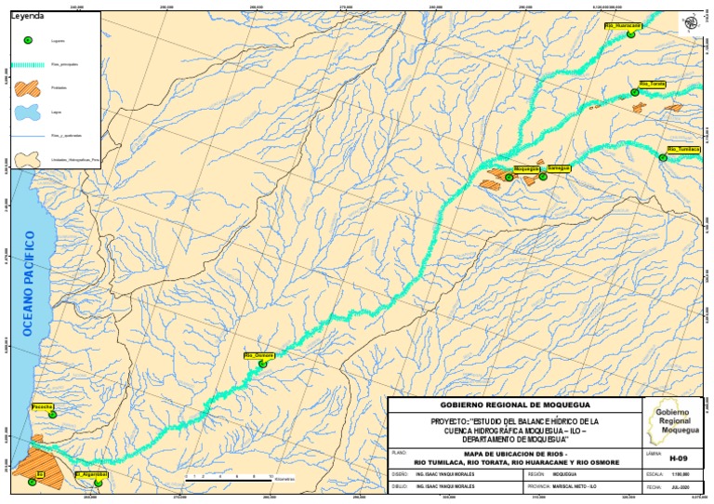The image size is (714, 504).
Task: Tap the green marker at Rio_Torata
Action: pos(635,92)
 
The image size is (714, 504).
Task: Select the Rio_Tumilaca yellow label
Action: pos(683,149)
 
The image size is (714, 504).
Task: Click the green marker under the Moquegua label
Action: pos(509,178)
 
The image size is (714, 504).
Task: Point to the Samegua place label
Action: pos(558,167)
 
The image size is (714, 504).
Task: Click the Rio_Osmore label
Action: pos(258,355)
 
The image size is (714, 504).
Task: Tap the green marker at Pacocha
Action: pos(53,415)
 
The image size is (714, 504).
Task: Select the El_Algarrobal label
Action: pos(91,474)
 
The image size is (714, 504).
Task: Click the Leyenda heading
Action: pos(27,16)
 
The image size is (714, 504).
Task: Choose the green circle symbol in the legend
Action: pos(28,41)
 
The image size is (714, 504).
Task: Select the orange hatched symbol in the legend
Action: pos(28,88)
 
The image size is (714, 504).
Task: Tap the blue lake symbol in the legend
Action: pos(28,113)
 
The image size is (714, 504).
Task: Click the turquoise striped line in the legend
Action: pos(28,64)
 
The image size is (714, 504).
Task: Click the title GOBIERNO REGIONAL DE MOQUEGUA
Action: pos(513,406)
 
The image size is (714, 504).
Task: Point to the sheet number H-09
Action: pos(678,458)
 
